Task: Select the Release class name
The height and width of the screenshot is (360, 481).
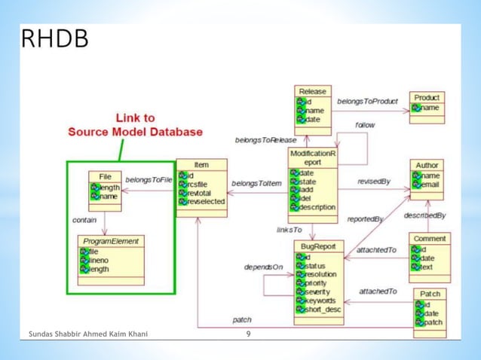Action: click(313, 91)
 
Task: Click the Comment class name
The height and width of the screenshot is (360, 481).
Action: click(430, 238)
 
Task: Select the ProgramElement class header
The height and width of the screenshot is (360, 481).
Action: click(112, 241)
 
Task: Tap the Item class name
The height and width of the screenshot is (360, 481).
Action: click(201, 164)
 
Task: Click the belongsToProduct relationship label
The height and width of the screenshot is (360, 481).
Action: click(367, 101)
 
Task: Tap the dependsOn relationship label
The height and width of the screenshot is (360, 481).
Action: click(263, 267)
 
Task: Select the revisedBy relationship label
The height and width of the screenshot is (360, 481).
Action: click(373, 182)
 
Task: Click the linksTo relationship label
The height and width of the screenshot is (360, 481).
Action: click(289, 229)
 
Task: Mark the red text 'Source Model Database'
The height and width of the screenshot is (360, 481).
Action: click(135, 132)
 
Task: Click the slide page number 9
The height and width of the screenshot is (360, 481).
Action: click(248, 333)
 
